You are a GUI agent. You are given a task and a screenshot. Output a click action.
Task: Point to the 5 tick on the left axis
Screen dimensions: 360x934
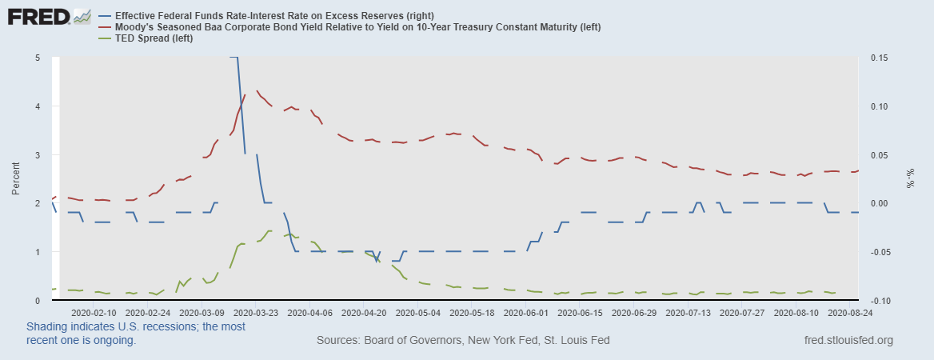[x=38, y=58]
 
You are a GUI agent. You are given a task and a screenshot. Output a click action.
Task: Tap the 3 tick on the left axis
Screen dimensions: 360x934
[x=38, y=154]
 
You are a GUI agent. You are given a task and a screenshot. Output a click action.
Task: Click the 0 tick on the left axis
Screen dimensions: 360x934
[x=38, y=300]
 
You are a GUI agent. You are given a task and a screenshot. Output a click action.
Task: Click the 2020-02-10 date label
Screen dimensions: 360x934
[x=94, y=313]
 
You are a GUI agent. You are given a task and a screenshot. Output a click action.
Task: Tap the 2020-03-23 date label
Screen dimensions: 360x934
[x=256, y=313]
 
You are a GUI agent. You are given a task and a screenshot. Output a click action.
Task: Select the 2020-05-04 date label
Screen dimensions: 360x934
[x=419, y=313]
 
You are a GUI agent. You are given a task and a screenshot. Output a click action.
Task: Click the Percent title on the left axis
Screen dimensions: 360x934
[x=16, y=178]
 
